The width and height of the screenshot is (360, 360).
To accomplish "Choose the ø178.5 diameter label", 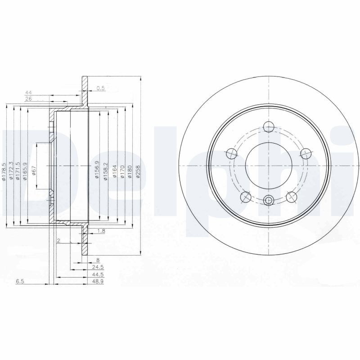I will pos(4,171).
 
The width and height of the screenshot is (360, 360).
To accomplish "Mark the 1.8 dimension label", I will pos(101,231).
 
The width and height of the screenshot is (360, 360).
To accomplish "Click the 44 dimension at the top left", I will pos(28,92).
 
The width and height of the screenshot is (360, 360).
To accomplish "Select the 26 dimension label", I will pos(28,99).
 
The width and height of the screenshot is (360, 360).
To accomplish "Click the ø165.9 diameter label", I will pos(26,171).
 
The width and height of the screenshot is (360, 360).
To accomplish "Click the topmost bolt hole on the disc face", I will pos(269,126).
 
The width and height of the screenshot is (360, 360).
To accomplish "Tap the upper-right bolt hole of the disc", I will pos(306,153).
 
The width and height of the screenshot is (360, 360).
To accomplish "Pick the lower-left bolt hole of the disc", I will pos(246,196).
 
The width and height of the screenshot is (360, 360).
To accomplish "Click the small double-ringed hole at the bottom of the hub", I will pos(269,201).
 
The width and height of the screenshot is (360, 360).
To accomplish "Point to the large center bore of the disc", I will pos(269,165).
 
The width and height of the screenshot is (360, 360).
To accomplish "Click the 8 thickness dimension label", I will pos(98,260).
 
